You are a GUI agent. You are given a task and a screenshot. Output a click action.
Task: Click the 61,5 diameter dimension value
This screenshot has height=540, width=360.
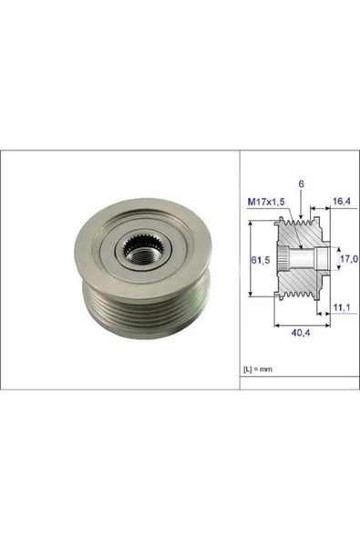click(x=260, y=260)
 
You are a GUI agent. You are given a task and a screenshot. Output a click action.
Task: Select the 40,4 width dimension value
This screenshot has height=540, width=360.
click(x=301, y=333)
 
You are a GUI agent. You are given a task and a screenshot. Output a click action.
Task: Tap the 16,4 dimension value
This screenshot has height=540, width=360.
click(x=342, y=201)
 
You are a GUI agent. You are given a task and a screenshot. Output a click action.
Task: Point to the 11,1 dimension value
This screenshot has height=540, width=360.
click(x=342, y=307)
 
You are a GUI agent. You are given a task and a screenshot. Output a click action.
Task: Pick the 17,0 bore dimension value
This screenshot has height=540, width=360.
click(x=349, y=258)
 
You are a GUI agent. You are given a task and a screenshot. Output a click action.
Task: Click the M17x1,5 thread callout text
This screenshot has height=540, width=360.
click(x=266, y=202)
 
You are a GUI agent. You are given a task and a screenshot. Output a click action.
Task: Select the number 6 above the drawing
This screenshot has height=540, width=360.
click(x=301, y=184)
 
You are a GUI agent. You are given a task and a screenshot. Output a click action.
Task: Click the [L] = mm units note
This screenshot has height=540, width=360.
click(x=258, y=369)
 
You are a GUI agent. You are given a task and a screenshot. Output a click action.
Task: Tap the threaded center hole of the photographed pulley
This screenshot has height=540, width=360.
click(x=140, y=256)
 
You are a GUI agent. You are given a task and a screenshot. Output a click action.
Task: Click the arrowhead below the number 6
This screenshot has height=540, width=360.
click(x=301, y=215)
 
